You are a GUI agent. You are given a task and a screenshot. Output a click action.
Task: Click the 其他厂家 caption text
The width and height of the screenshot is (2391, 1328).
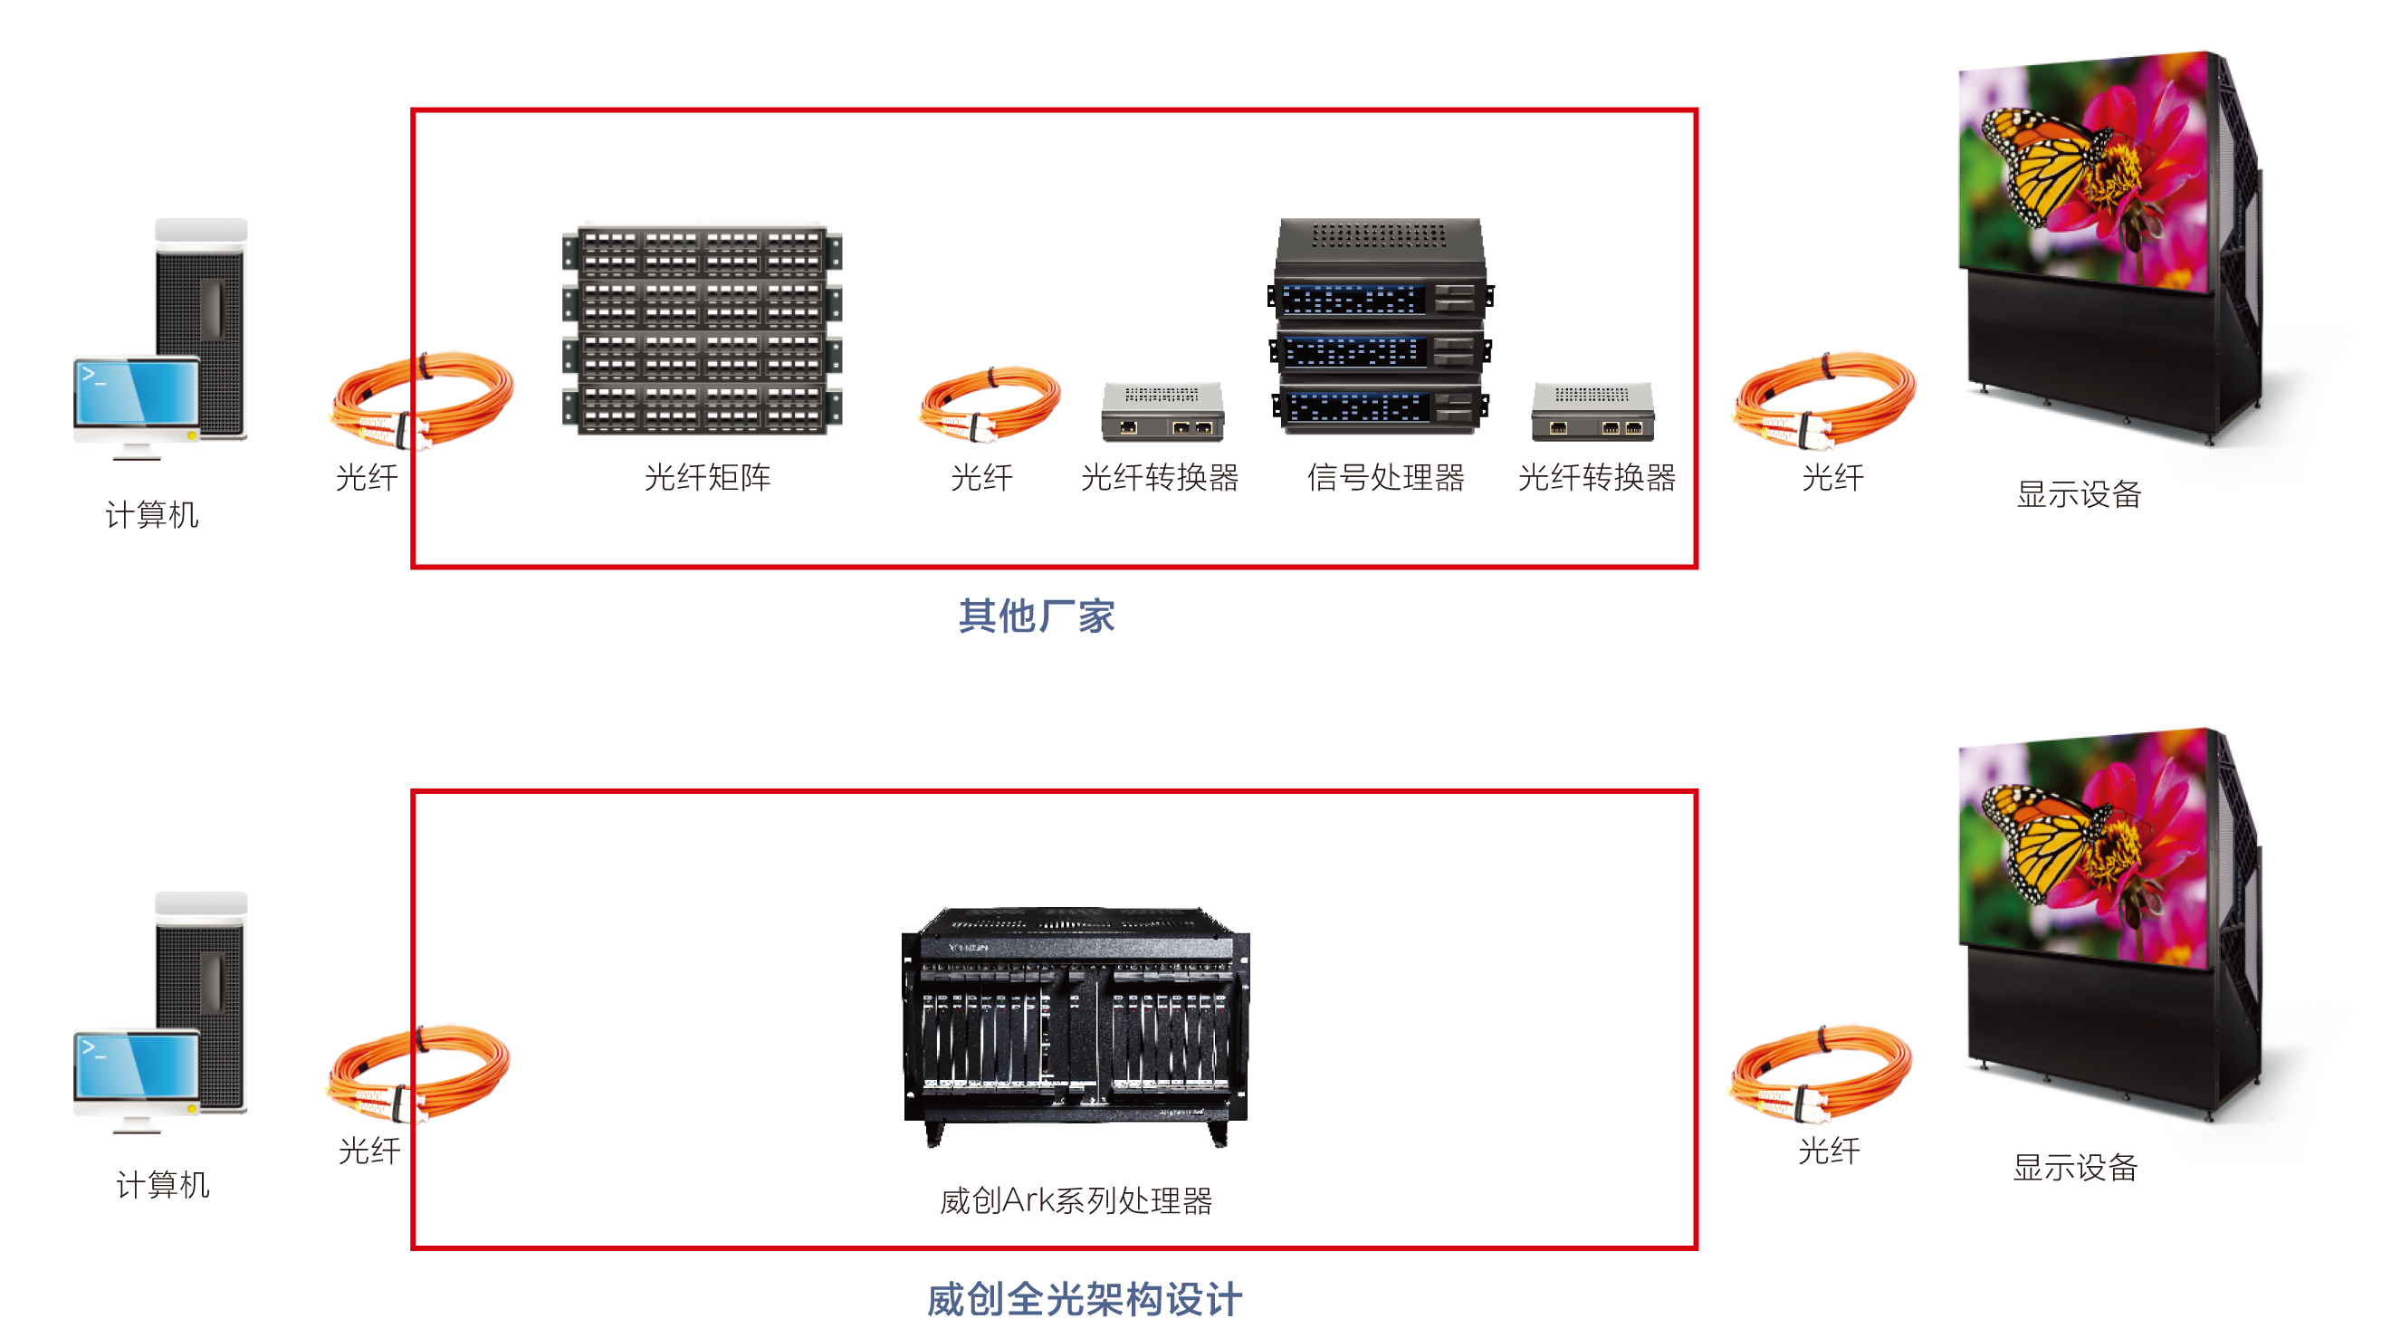(x=1036, y=616)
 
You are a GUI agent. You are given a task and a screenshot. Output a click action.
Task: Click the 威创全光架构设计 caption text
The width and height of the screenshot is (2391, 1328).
(x=1084, y=1298)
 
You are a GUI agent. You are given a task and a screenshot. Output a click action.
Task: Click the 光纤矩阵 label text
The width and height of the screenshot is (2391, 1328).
(x=707, y=478)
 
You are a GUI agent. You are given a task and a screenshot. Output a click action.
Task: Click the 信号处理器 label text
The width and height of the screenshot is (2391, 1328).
(x=1385, y=478)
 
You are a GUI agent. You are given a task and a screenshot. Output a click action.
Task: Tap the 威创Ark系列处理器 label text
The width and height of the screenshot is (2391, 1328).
(x=1075, y=1201)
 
